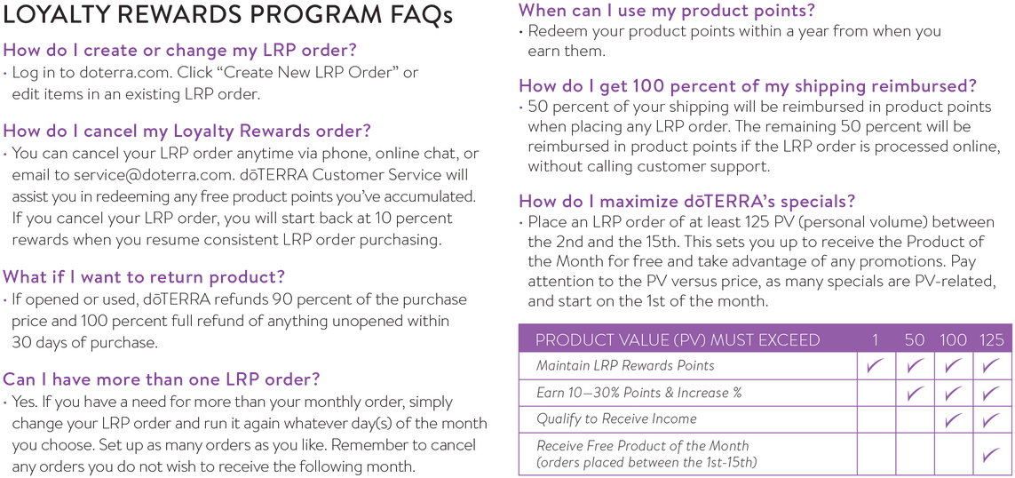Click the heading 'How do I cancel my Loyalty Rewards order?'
pyautogui.click(x=187, y=131)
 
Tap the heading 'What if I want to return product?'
pyautogui.click(x=145, y=277)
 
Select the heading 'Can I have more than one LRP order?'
pyautogui.click(x=162, y=378)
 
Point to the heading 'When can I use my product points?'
pyautogui.click(x=667, y=11)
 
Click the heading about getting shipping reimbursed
pyautogui.click(x=748, y=86)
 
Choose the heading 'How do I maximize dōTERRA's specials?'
pyautogui.click(x=687, y=200)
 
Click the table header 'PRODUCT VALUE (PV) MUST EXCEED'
pyautogui.click(x=678, y=339)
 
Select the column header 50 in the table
pyautogui.click(x=915, y=339)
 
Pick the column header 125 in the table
pyautogui.click(x=991, y=339)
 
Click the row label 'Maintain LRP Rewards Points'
pyautogui.click(x=625, y=365)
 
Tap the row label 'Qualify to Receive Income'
pyautogui.click(x=616, y=418)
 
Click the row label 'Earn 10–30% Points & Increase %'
pyautogui.click(x=638, y=392)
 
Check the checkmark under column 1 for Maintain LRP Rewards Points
pyautogui.click(x=876, y=366)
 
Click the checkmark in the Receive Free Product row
pyautogui.click(x=991, y=454)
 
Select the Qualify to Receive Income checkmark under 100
pyautogui.click(x=953, y=419)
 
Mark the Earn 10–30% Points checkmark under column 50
pyautogui.click(x=915, y=393)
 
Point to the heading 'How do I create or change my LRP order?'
pyautogui.click(x=180, y=51)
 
